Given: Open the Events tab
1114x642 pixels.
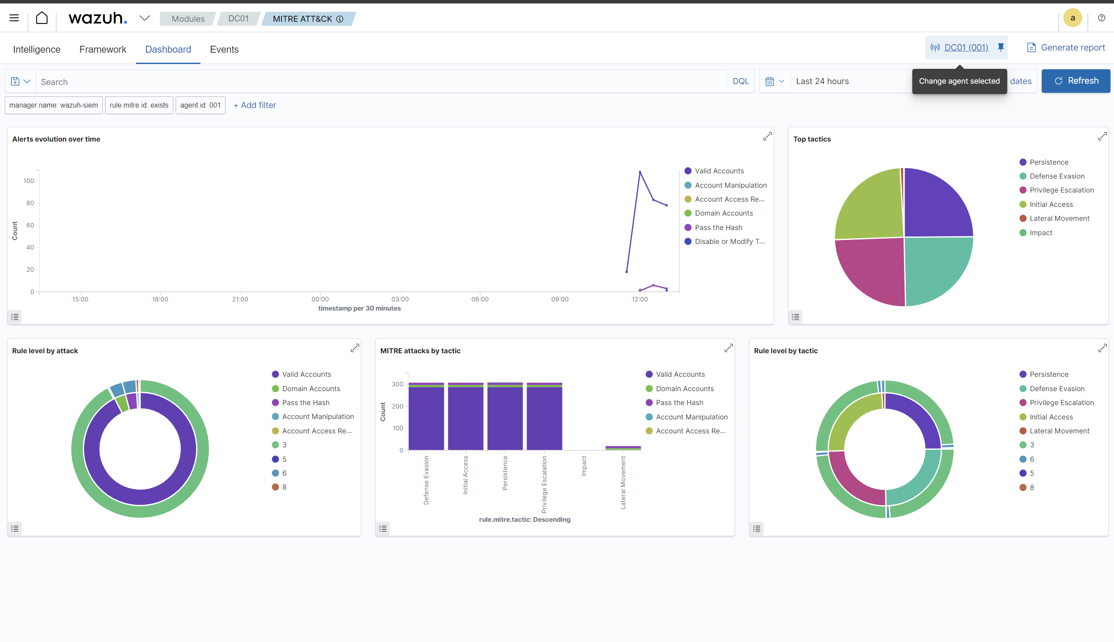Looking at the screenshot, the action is (x=224, y=49).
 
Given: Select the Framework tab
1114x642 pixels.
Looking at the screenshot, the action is (x=103, y=49).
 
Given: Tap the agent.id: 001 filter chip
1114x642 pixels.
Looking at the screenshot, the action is (x=200, y=105).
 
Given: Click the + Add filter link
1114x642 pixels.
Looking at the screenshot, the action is (x=255, y=105).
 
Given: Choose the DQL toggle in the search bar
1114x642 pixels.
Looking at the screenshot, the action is (x=741, y=81).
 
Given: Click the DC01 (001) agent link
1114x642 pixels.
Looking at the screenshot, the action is (x=966, y=47).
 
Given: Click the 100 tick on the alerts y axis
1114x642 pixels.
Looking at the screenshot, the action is (x=29, y=181).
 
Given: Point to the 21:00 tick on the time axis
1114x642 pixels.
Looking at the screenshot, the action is (x=240, y=299).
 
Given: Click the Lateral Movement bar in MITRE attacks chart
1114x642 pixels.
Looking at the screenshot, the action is (x=623, y=448).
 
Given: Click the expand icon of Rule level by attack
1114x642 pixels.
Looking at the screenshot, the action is (x=355, y=348).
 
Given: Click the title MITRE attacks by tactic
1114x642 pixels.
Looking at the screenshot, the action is (x=420, y=351).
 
